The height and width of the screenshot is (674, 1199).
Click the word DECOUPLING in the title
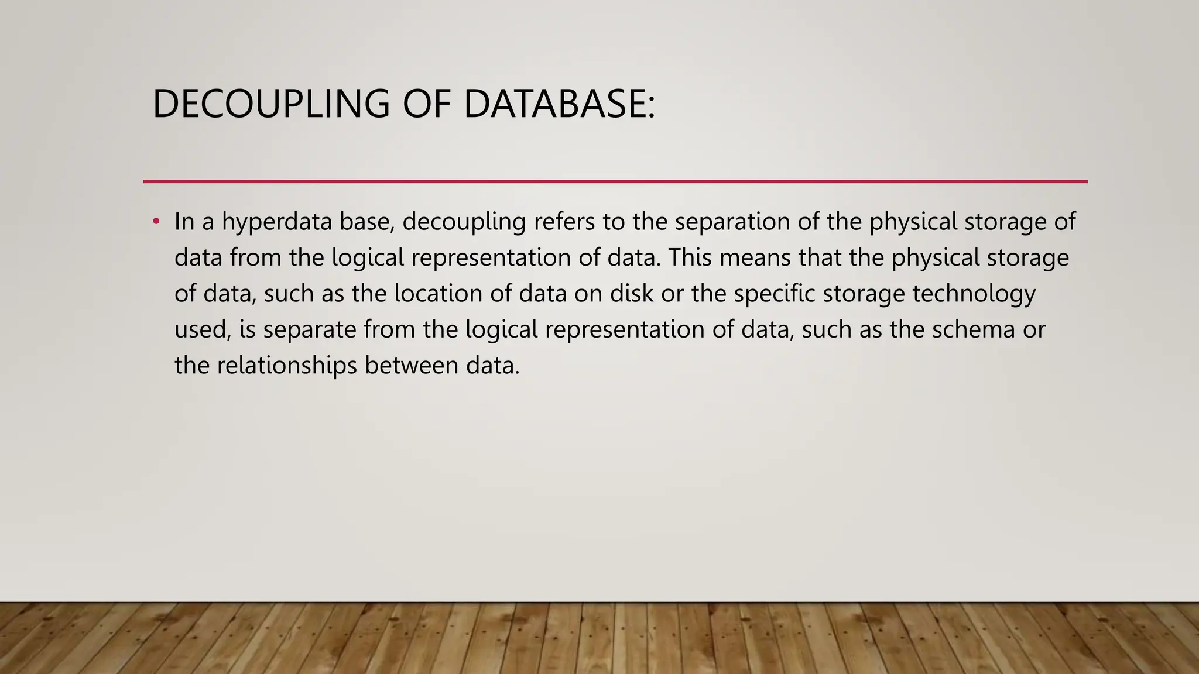pyautogui.click(x=270, y=104)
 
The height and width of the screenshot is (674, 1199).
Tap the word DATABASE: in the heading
pyautogui.click(x=559, y=104)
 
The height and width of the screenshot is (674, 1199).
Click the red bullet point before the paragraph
pyautogui.click(x=156, y=222)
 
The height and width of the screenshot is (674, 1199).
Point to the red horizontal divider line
pyautogui.click(x=615, y=181)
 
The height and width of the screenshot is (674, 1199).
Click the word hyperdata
pyautogui.click(x=276, y=222)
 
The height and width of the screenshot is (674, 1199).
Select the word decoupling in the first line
pyautogui.click(x=464, y=222)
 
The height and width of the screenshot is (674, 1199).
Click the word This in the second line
pyautogui.click(x=690, y=258)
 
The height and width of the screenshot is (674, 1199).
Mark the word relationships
pyautogui.click(x=287, y=366)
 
